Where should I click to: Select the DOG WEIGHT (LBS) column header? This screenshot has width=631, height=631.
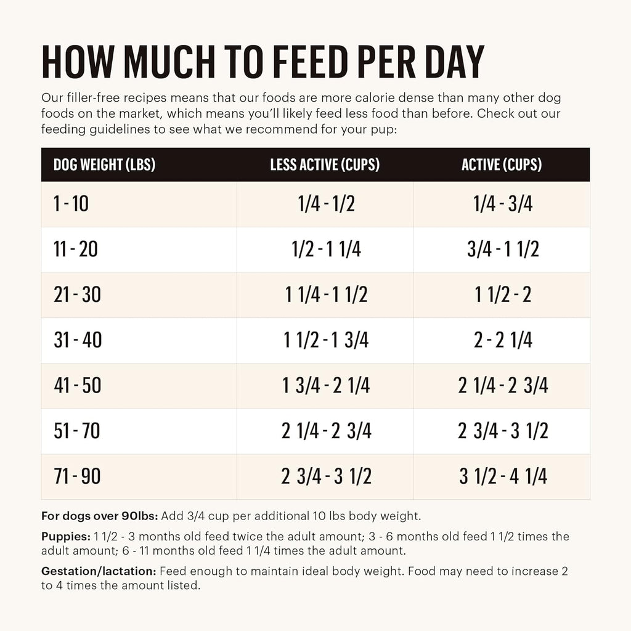pyautogui.click(x=104, y=165)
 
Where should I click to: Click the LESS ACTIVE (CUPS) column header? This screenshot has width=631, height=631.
pyautogui.click(x=325, y=165)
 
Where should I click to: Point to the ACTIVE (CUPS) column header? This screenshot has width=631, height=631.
pyautogui.click(x=502, y=165)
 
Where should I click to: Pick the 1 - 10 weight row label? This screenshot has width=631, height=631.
pyautogui.click(x=71, y=204)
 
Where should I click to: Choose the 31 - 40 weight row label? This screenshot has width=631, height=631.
pyautogui.click(x=78, y=340)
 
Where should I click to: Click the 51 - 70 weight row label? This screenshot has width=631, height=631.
pyautogui.click(x=76, y=431)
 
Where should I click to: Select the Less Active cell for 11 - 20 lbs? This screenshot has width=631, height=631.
pyautogui.click(x=325, y=250)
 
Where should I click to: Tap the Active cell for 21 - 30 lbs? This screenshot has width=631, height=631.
pyautogui.click(x=502, y=295)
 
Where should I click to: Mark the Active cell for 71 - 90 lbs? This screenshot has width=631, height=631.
pyautogui.click(x=502, y=476)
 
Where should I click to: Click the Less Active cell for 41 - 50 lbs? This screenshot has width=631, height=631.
pyautogui.click(x=325, y=386)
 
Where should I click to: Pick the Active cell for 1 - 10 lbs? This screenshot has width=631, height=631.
pyautogui.click(x=502, y=204)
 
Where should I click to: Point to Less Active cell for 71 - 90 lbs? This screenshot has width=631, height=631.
pyautogui.click(x=325, y=476)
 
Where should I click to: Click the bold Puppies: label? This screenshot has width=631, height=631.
pyautogui.click(x=66, y=537)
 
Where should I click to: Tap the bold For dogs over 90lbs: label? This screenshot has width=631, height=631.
pyautogui.click(x=100, y=516)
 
